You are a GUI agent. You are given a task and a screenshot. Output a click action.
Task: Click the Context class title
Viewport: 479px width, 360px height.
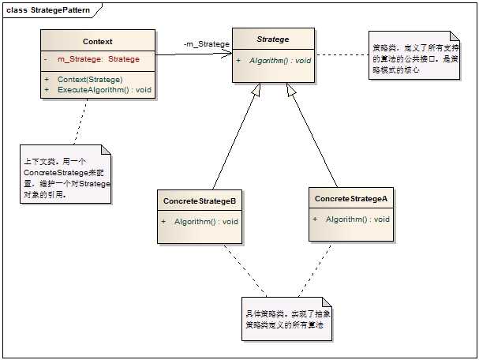coord(97,41)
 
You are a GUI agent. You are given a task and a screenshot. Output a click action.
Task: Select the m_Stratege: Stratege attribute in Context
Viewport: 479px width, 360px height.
coord(98,59)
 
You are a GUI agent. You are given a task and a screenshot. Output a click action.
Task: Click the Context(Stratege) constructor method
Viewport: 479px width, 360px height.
coord(89,80)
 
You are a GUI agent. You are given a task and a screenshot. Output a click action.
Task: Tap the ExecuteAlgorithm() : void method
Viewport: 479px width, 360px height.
coord(104,90)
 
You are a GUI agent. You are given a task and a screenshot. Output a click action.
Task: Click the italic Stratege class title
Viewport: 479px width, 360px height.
coord(273,39)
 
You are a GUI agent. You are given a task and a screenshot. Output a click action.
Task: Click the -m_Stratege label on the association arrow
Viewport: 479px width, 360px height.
coord(206,44)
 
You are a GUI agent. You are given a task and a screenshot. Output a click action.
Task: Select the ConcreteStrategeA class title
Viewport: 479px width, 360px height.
coord(350,198)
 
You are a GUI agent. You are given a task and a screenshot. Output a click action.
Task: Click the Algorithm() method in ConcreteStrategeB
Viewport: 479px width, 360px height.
coord(206,222)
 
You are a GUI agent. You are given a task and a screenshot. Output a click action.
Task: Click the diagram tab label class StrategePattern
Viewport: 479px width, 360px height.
coord(48,9)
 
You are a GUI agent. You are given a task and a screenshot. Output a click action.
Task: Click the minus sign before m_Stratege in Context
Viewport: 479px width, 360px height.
coord(46,59)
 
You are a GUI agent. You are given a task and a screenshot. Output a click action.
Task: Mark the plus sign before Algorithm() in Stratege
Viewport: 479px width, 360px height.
coord(239,60)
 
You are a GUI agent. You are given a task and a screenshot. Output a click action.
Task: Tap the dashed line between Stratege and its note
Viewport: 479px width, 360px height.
coord(342,55)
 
